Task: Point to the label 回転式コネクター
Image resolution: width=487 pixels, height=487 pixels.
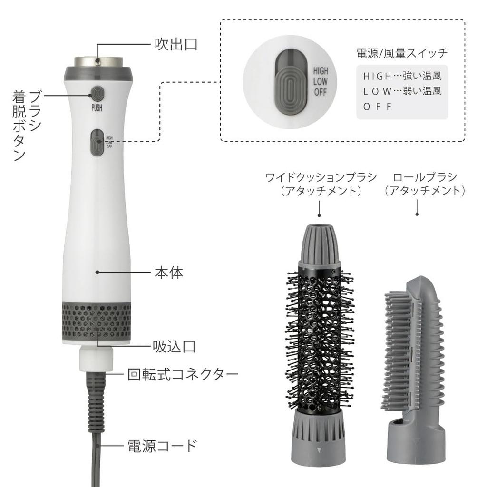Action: (x=183, y=374)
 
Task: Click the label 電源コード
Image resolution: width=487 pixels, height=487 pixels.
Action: (x=162, y=446)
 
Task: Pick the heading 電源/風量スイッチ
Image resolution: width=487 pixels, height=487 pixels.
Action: (x=402, y=53)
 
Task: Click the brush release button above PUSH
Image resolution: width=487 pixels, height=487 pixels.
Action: (x=97, y=92)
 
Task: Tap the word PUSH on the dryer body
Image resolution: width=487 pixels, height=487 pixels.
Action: (x=97, y=107)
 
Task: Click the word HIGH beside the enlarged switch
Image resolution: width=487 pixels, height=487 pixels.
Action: (x=320, y=71)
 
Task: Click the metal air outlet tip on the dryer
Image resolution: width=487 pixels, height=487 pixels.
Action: (x=98, y=62)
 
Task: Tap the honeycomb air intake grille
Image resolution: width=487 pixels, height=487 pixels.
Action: (x=97, y=321)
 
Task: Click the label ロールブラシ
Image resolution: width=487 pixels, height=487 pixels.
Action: (x=418, y=177)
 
